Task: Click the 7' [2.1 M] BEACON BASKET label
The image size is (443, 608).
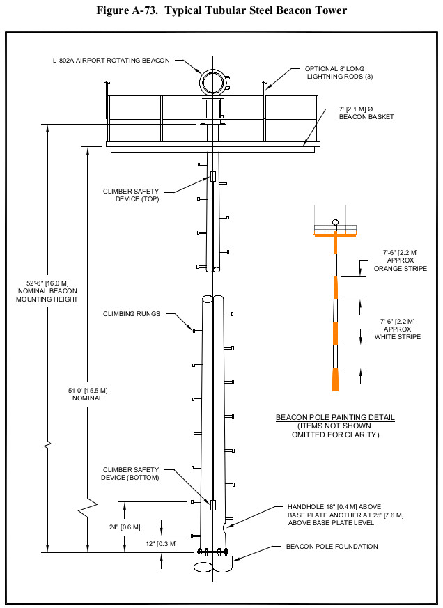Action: [x=366, y=113]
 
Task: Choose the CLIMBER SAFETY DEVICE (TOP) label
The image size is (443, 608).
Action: [x=131, y=194]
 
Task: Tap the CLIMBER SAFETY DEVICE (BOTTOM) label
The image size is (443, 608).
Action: [x=131, y=474]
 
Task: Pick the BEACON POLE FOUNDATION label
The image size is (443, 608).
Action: [x=332, y=547]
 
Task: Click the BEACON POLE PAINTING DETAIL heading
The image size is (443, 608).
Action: [x=335, y=418]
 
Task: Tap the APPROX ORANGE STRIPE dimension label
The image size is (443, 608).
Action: [x=400, y=260]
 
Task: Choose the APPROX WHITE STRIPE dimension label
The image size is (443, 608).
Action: [x=400, y=329]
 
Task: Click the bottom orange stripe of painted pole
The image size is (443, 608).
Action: [x=336, y=378]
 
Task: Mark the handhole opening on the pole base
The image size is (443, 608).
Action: [x=224, y=527]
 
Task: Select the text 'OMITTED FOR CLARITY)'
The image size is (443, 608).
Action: [x=335, y=435]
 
